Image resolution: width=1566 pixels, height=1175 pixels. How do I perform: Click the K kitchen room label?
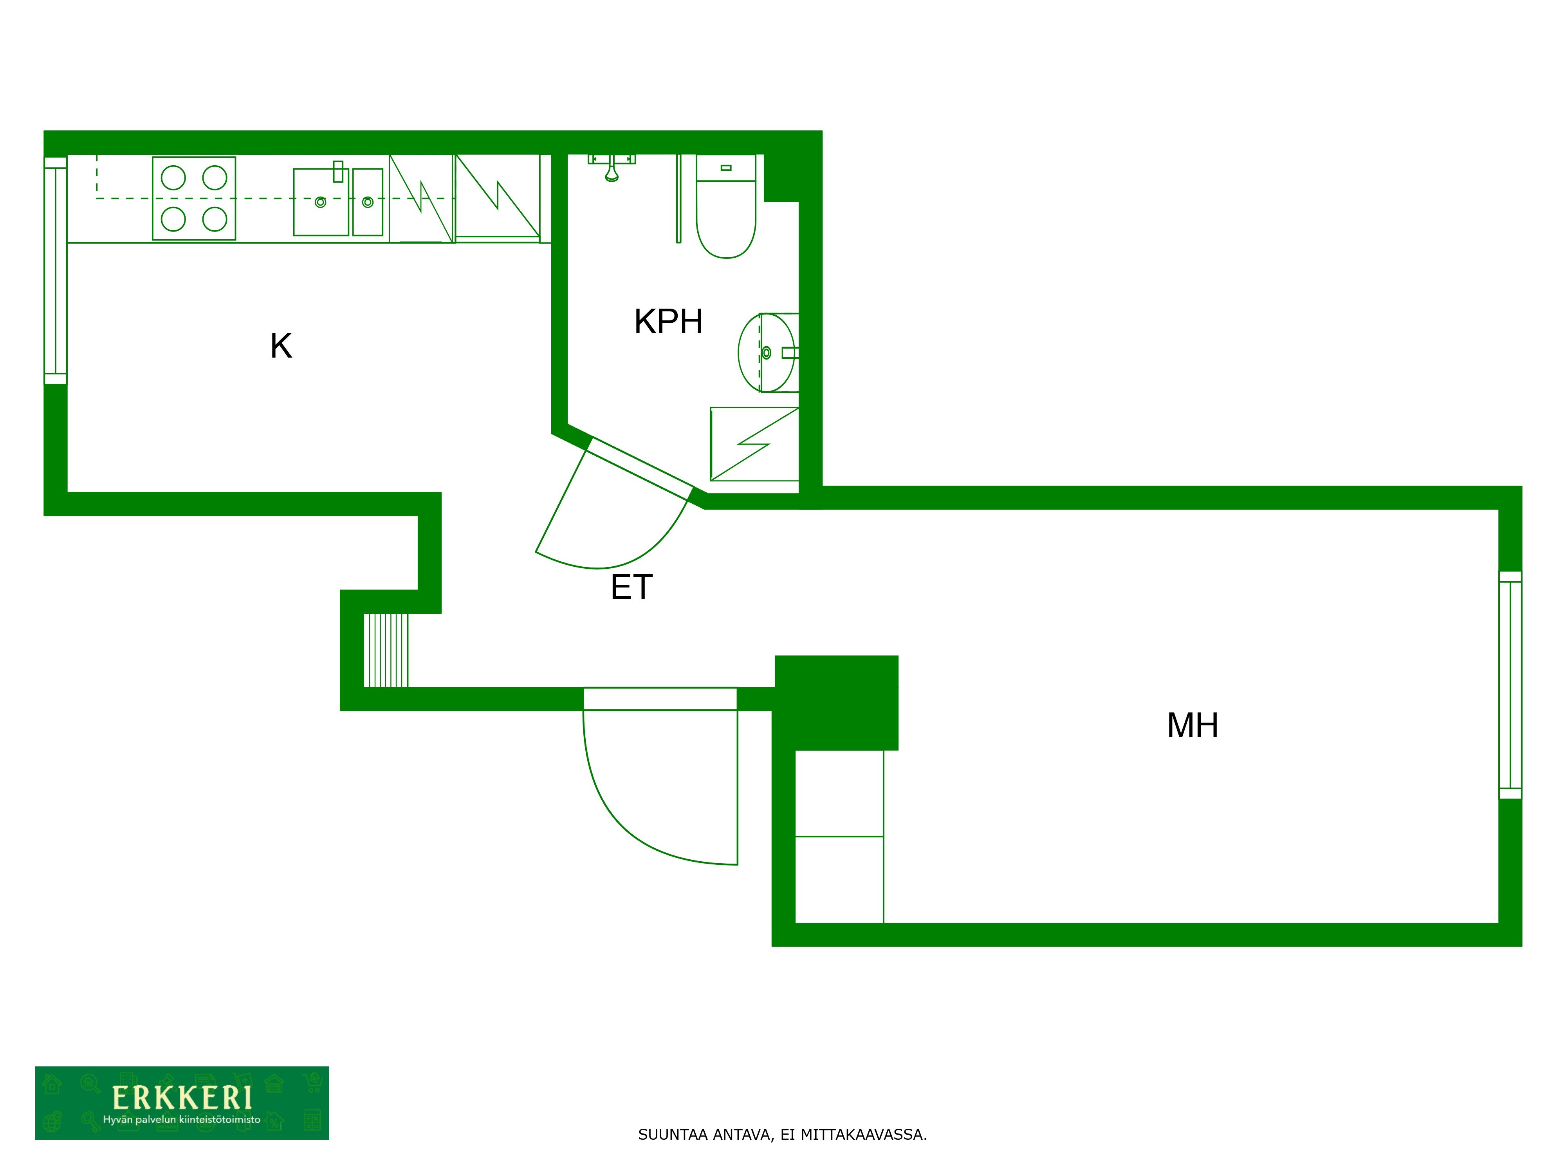(281, 346)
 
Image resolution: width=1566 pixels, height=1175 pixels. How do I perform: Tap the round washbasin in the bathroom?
(767, 353)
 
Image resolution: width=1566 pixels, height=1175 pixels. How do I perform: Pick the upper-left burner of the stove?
(173, 178)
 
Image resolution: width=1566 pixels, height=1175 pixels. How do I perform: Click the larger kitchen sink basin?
(321, 202)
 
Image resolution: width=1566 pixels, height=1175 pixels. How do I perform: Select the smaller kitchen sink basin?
(368, 202)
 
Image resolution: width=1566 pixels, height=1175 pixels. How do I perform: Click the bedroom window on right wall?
(1510, 685)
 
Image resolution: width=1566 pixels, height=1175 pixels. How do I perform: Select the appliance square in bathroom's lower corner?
(754, 444)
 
